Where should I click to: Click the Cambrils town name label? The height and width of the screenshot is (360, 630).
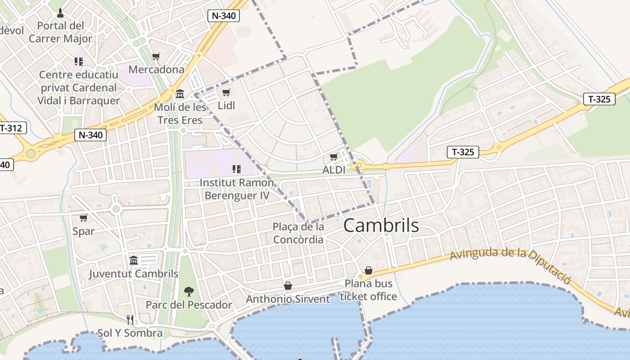(x=381, y=225)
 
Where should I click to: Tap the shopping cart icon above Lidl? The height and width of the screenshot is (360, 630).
(x=226, y=92)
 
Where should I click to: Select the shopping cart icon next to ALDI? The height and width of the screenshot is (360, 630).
(x=333, y=157)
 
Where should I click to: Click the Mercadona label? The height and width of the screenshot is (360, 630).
(x=156, y=69)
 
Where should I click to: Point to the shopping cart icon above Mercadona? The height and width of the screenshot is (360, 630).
(x=156, y=56)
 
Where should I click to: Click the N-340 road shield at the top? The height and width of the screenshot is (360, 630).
(x=224, y=16)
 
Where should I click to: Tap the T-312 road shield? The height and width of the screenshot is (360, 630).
(x=11, y=128)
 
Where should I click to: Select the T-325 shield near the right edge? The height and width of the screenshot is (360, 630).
(x=599, y=99)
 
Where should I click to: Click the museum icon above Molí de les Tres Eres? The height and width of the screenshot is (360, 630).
(x=180, y=94)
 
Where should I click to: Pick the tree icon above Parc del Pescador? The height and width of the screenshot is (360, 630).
(x=189, y=291)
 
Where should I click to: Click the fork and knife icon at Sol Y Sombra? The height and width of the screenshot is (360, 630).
(x=130, y=320)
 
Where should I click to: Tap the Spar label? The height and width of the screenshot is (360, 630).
(x=84, y=231)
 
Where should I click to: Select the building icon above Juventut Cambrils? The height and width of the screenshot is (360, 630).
(x=134, y=260)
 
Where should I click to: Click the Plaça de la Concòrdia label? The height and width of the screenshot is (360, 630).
(x=298, y=233)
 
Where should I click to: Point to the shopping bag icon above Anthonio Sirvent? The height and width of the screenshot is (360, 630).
(x=288, y=286)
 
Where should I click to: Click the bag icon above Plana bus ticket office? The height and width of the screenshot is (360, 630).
(x=368, y=270)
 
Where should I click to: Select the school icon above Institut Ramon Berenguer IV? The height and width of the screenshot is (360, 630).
(x=236, y=169)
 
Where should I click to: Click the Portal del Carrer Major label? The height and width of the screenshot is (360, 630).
(x=60, y=32)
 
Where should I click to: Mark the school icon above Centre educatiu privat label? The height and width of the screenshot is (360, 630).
(x=79, y=61)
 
